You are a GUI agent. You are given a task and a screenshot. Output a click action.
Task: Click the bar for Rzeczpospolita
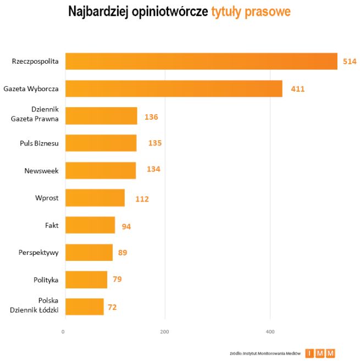click(x=201, y=62)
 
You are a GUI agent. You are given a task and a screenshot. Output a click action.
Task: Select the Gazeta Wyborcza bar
click(x=174, y=88)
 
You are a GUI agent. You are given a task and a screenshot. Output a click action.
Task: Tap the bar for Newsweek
click(x=101, y=170)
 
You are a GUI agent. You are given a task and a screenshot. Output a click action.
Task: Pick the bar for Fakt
click(x=90, y=225)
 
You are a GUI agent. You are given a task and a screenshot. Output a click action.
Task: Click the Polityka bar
click(x=86, y=280)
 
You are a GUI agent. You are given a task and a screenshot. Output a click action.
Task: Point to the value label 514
click(x=350, y=62)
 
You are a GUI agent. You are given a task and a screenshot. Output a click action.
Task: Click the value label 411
click(x=297, y=88)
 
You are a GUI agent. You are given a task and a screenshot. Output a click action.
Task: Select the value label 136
click(x=151, y=116)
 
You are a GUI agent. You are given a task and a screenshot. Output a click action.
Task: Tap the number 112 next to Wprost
click(x=142, y=199)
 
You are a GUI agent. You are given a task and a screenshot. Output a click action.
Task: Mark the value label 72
click(x=112, y=307)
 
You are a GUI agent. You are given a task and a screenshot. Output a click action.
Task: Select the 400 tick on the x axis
click(x=270, y=332)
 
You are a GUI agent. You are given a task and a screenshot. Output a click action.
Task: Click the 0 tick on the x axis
click(x=63, y=332)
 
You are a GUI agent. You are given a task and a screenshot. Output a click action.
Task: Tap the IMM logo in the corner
click(x=320, y=353)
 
